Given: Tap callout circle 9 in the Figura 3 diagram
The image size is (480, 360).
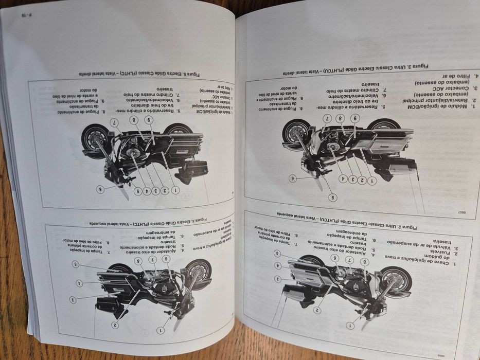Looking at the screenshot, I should (x=354, y=118).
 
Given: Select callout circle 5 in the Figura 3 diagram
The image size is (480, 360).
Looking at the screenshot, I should (x=332, y=197).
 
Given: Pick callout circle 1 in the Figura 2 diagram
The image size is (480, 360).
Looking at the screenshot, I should (x=350, y=325).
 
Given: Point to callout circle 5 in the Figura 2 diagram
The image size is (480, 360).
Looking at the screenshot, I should (x=277, y=253).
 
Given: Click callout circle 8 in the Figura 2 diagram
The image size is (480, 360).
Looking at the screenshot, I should (x=365, y=261).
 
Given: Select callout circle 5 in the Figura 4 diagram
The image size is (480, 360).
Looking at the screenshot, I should (x=75, y=264).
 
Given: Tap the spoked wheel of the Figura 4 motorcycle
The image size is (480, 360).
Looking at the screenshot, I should (x=198, y=274).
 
